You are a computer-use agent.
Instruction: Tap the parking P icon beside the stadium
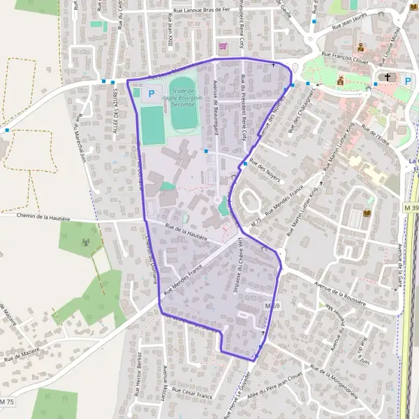coord(151,93)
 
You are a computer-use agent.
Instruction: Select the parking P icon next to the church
coord(408,81)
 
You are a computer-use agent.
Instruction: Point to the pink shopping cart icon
coord(223,47)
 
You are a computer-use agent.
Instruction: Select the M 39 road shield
coord(411,207)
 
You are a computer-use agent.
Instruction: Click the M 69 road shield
coord(272,306)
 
